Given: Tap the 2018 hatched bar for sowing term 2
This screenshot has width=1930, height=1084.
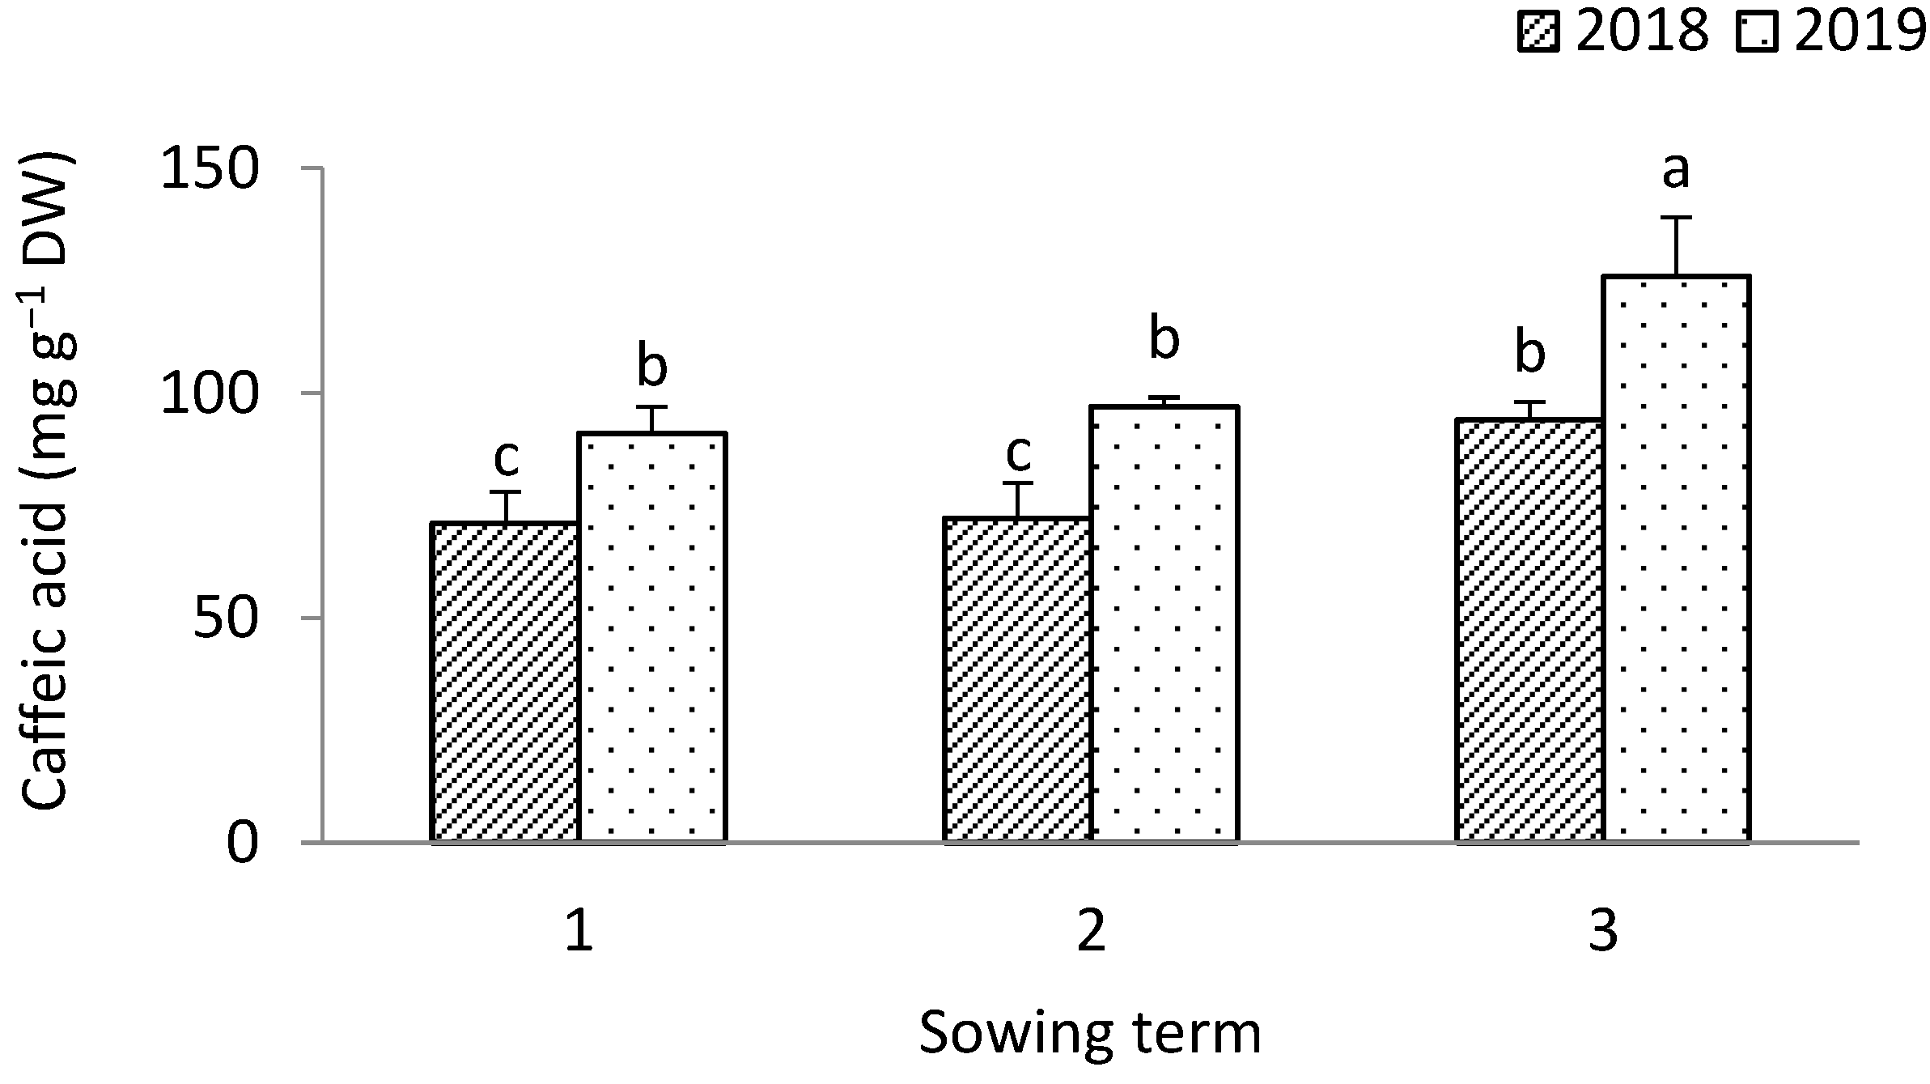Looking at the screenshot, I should coord(1017,680).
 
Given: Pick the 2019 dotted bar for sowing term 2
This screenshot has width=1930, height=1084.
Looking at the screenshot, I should coord(1164,624).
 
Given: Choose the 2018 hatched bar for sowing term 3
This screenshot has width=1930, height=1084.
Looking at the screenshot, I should coord(1529,631).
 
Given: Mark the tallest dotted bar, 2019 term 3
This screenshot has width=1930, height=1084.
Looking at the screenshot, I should coord(1676,559).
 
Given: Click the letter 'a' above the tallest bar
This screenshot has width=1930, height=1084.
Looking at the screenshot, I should coord(1676,171).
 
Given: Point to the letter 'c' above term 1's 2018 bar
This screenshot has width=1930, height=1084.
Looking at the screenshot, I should coord(506,458).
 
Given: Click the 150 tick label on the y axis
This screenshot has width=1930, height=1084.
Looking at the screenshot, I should coord(210,169).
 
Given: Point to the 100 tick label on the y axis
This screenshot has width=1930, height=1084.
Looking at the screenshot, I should coord(210,394).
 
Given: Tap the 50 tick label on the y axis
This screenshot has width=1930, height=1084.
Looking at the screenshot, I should coord(226,619).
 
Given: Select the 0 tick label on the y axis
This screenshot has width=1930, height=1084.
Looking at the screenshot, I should coord(243,844).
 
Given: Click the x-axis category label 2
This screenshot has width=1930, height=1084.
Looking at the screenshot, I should coord(1091,932).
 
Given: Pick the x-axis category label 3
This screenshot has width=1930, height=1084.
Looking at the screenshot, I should coord(1602,932).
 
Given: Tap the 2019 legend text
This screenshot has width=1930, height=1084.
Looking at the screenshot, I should coord(1860,32).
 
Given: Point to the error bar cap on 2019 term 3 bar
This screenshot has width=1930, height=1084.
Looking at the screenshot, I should coord(1676,218).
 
